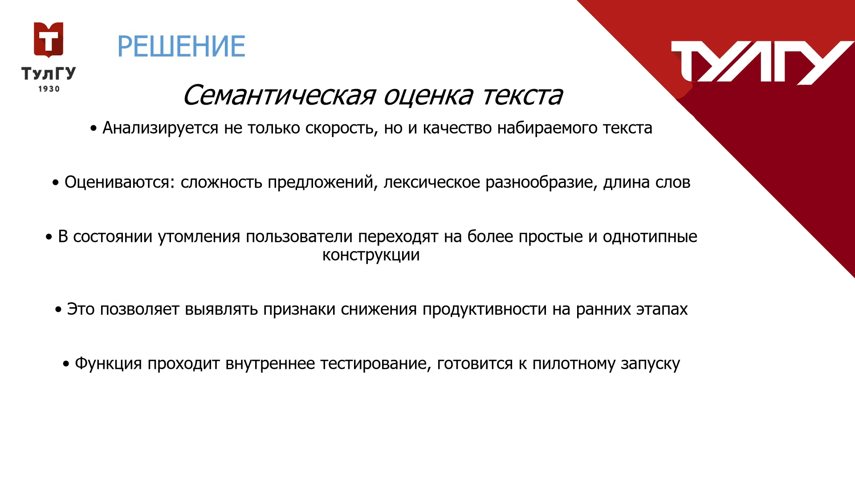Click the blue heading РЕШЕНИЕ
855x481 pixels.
[x=181, y=46]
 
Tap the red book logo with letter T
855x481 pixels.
[x=49, y=40]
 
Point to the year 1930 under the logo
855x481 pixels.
[x=49, y=89]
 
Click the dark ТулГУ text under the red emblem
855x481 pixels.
[x=49, y=73]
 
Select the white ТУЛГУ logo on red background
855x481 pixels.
[x=762, y=62]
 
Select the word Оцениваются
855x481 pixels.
[x=120, y=183]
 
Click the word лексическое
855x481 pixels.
[x=432, y=183]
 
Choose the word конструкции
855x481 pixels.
[x=371, y=255]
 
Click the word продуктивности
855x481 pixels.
[x=484, y=310]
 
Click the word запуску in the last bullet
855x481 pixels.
[x=651, y=364]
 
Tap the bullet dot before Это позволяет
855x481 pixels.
[x=58, y=310]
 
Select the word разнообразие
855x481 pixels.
[x=541, y=183]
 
